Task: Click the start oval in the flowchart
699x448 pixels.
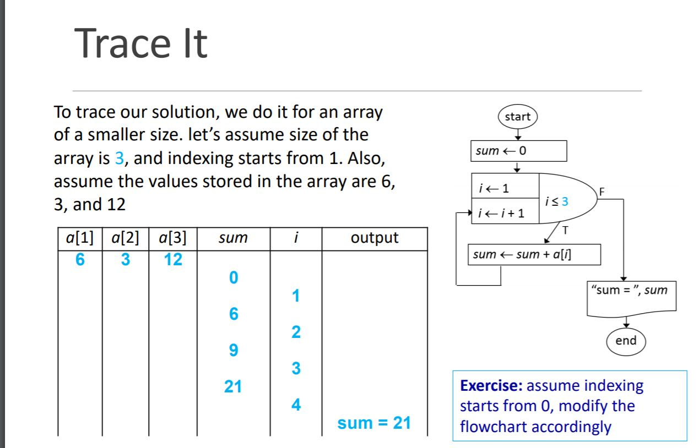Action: click(x=517, y=117)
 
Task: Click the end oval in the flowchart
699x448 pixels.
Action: click(x=626, y=341)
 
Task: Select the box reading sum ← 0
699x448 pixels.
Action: click(x=519, y=151)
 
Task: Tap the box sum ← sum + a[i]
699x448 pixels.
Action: click(x=534, y=254)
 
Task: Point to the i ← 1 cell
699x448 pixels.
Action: click(x=505, y=186)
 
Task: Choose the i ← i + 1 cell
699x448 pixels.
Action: click(x=505, y=211)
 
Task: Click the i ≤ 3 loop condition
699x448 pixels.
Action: click(x=557, y=201)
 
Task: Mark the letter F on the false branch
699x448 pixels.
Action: click(x=602, y=192)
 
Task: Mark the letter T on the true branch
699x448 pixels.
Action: click(x=565, y=231)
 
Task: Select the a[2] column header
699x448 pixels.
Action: click(x=126, y=238)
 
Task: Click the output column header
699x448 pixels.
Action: click(x=375, y=238)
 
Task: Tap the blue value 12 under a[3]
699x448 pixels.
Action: click(x=173, y=259)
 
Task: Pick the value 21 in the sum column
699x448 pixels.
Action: click(x=233, y=386)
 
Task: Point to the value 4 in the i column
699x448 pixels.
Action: click(x=296, y=405)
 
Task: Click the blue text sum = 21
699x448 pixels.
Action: click(x=374, y=423)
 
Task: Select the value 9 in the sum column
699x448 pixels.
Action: click(x=234, y=350)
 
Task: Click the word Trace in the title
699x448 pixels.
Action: click(x=123, y=43)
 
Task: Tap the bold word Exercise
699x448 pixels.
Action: click(x=491, y=386)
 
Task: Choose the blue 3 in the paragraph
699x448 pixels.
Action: click(x=119, y=158)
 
